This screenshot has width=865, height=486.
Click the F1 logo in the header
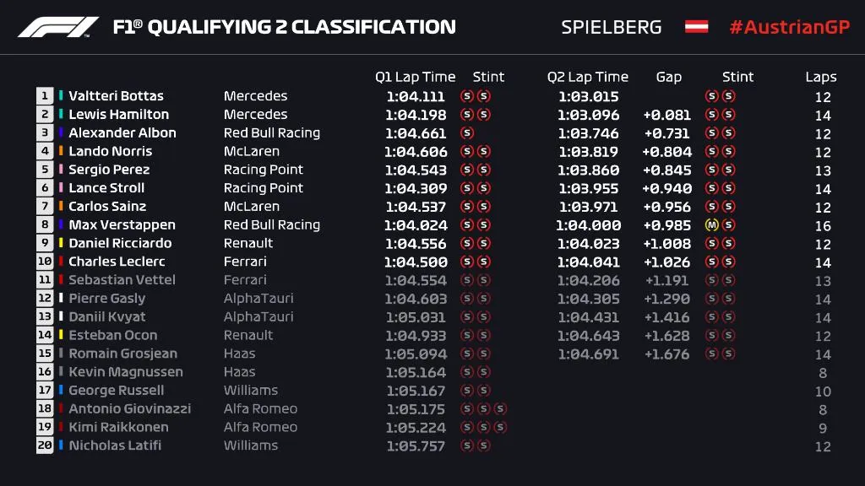[58, 27]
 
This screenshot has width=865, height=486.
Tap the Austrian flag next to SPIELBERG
[696, 27]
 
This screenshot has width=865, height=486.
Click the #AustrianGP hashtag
[788, 27]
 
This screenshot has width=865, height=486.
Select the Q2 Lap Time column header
[588, 77]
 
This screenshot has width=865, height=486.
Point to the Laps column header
[820, 77]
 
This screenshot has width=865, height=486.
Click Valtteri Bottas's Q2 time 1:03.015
[588, 96]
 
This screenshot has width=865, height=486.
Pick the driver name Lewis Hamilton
[118, 115]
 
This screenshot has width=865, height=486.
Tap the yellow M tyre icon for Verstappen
[711, 225]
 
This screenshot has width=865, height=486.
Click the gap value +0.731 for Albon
[666, 133]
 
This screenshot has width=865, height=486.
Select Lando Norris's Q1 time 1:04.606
[415, 152]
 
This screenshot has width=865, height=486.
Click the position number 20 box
[45, 445]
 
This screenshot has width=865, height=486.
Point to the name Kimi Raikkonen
[118, 427]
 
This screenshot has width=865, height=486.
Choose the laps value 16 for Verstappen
[823, 225]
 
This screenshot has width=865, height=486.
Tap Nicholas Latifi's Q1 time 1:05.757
[415, 445]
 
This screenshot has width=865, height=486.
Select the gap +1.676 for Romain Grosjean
[666, 354]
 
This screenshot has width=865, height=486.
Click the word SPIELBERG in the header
[612, 27]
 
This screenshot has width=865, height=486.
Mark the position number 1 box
[45, 96]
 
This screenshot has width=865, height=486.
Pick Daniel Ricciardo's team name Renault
[248, 243]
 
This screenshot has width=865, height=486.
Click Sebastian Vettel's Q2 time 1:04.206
[588, 280]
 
